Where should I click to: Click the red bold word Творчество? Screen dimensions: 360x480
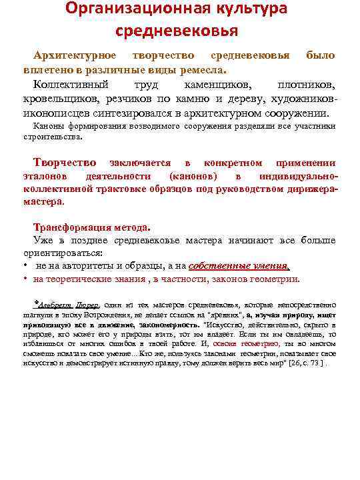pos(65,163)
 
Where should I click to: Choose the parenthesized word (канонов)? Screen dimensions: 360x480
pos(193,177)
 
